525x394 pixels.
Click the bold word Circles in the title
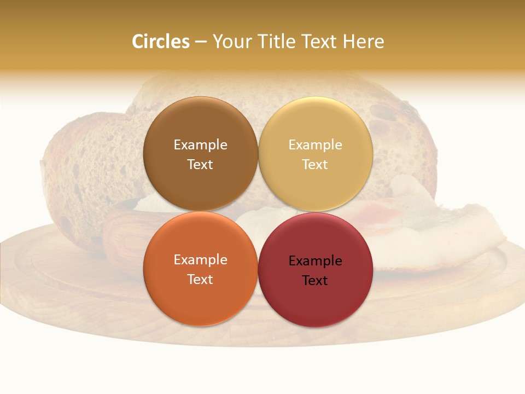[x=161, y=42]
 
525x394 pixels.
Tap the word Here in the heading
[x=363, y=42]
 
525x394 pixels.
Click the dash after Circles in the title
[x=201, y=42]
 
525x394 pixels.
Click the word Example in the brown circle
[x=200, y=145]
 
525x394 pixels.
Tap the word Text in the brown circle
[x=200, y=164]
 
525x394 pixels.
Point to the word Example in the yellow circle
[x=316, y=145]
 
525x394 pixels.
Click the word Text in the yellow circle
[x=316, y=164]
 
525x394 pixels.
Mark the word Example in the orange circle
[x=200, y=260]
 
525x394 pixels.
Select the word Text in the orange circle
[x=200, y=279]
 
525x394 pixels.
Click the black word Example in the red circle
[x=316, y=261]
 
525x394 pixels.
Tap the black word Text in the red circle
[x=316, y=281]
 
